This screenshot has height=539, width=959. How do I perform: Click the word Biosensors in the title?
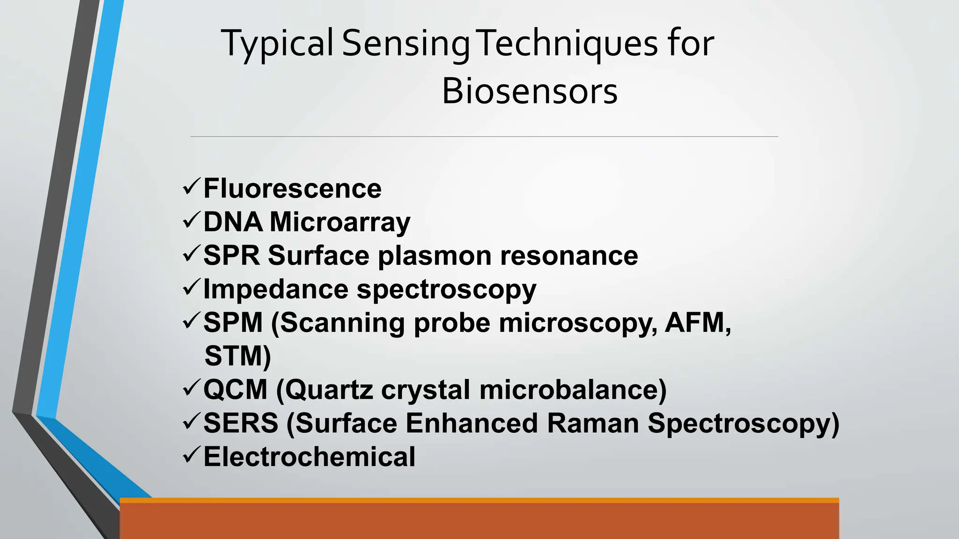pyautogui.click(x=530, y=91)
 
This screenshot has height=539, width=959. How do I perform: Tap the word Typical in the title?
pyautogui.click(x=277, y=44)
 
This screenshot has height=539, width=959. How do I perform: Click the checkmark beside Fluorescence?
pyautogui.click(x=192, y=187)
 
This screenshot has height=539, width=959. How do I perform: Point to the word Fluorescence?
pyautogui.click(x=292, y=189)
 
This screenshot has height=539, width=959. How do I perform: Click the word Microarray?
pyautogui.click(x=340, y=222)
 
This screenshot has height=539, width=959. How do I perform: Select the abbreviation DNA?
pyautogui.click(x=233, y=222)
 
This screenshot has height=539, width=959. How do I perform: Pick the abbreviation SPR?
pyautogui.click(x=231, y=255)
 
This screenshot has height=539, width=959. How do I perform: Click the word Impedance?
pyautogui.click(x=275, y=289)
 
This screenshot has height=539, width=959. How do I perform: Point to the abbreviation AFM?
pyautogui.click(x=697, y=322)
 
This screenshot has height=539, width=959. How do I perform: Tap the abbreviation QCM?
pyautogui.click(x=235, y=390)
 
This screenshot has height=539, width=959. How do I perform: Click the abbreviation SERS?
pyautogui.click(x=241, y=423)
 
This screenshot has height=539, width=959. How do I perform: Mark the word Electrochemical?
pyautogui.click(x=309, y=457)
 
